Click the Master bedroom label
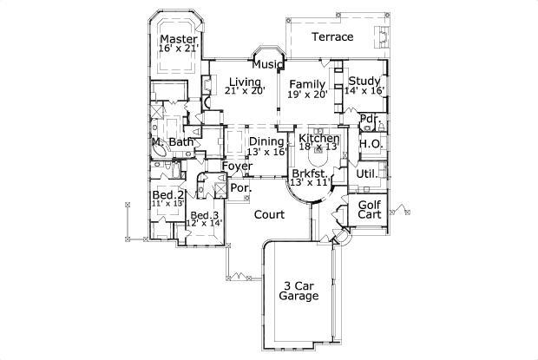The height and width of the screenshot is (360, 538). click(x=179, y=39)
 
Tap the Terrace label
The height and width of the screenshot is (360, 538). click(x=332, y=37)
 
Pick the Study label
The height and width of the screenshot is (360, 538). click(x=365, y=79)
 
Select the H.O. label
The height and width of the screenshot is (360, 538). click(x=371, y=143)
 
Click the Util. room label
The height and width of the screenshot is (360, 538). click(x=366, y=173)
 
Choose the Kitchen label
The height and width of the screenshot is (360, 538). click(x=318, y=139)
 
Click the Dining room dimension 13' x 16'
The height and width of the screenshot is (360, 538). click(x=266, y=152)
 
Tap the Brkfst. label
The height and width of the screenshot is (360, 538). click(x=309, y=174)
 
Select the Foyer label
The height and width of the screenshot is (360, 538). click(x=236, y=166)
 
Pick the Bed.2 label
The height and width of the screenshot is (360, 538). click(x=167, y=195)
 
